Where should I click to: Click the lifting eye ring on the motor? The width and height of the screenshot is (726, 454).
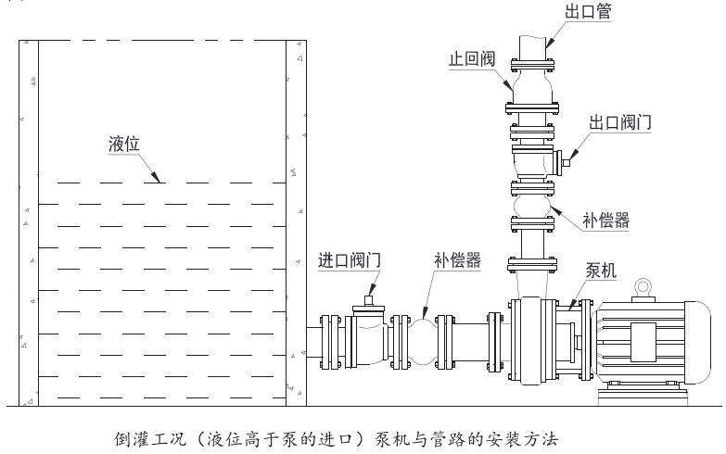pos(641,286)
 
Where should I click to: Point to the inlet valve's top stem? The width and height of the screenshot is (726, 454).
pos(370,300)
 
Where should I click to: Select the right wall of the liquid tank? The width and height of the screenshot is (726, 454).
pos(296,222)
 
